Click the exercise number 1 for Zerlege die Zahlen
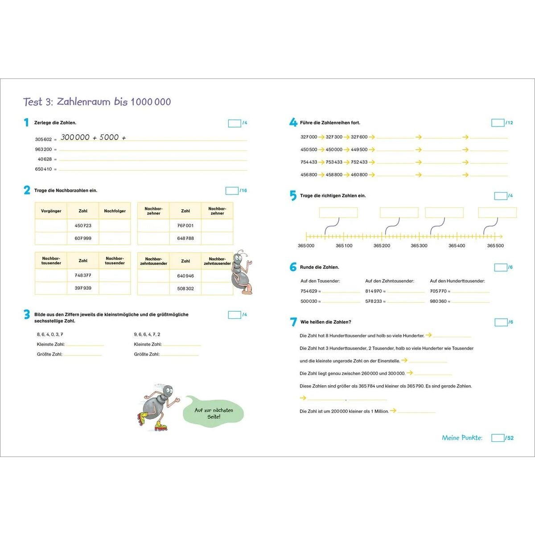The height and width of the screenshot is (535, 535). [x=26, y=123]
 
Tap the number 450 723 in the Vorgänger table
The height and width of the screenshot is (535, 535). [x=83, y=226]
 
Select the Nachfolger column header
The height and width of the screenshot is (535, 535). [x=115, y=211]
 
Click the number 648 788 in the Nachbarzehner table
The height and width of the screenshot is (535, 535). [x=185, y=238]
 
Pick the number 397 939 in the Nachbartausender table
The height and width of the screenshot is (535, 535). [x=83, y=288]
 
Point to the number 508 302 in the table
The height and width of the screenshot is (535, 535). [x=185, y=288]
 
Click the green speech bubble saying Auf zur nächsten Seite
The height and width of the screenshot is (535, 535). [x=214, y=413]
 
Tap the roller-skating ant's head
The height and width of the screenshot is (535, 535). [x=167, y=392]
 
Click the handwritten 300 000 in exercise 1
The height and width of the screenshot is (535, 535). [x=75, y=137]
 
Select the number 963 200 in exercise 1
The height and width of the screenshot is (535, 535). [x=43, y=149]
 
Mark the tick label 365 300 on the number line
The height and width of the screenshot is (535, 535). [x=419, y=246]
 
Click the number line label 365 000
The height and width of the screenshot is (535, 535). [x=306, y=246]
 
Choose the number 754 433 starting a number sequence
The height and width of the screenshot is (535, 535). [x=309, y=162]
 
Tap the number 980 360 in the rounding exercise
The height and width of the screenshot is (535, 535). [x=438, y=301]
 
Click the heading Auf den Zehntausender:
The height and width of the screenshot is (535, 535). [x=390, y=281]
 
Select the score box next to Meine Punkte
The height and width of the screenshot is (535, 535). [x=498, y=438]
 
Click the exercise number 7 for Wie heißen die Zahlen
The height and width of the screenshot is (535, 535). [x=293, y=322]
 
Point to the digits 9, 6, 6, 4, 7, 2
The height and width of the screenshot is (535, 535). [x=147, y=334]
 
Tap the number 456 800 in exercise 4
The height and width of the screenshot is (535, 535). [x=309, y=175]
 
